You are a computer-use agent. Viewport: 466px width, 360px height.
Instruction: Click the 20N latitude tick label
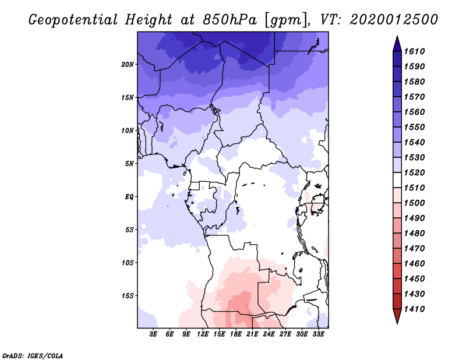point(128,65)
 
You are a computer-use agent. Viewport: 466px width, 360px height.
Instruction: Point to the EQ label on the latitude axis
point(129,197)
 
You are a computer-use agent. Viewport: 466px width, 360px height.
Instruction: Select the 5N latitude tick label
point(129,164)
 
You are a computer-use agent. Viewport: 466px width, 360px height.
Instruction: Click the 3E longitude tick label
point(153,334)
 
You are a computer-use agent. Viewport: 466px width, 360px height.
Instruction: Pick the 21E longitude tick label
point(252,334)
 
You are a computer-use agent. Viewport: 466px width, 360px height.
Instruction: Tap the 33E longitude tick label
point(318,334)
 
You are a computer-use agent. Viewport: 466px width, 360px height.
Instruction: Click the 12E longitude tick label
point(203,334)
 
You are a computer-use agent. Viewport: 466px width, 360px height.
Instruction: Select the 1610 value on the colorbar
point(414,51)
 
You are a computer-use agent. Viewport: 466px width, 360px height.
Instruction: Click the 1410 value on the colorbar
point(414,309)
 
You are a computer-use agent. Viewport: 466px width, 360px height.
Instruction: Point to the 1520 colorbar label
point(414,172)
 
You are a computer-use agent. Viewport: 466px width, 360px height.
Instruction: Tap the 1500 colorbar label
point(414,203)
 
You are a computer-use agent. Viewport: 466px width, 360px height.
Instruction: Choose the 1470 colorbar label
point(414,249)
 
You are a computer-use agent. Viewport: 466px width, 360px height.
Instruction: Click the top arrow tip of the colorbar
point(397,36)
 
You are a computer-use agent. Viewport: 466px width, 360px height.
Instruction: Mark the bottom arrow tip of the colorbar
point(397,323)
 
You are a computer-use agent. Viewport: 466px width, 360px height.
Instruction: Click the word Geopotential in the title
point(73,20)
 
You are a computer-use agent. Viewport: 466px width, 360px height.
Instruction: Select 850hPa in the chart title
point(230,20)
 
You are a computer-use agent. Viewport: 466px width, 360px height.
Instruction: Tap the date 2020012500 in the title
point(394,19)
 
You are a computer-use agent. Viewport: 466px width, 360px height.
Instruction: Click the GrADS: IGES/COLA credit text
point(33,356)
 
